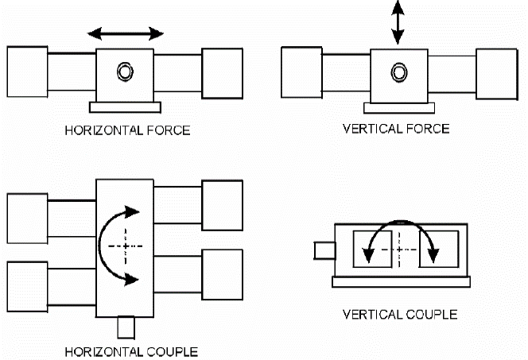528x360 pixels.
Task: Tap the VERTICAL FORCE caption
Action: (394, 129)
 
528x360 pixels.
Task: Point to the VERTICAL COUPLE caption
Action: (399, 314)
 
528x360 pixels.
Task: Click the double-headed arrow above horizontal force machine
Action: (126, 33)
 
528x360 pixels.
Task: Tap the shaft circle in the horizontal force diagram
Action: (125, 72)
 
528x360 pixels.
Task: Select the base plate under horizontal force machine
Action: (126, 106)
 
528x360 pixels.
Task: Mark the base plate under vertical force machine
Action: (397, 107)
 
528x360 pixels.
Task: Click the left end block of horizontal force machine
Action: (28, 71)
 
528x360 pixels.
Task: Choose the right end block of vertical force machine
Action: (496, 72)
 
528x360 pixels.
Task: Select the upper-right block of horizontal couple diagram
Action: (222, 205)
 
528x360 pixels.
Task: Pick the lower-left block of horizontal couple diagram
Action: (27, 285)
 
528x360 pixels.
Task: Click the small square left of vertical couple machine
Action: (324, 250)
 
